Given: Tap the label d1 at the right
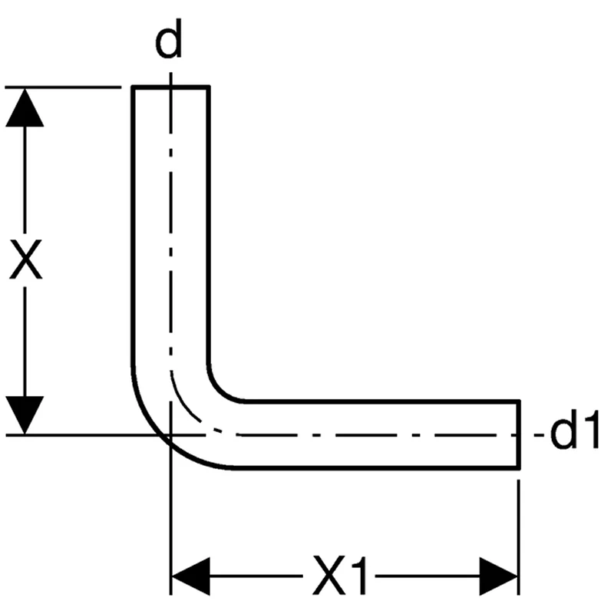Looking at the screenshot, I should [x=573, y=435].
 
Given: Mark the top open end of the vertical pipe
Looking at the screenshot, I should [x=170, y=88].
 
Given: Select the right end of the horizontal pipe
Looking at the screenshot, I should [x=520, y=434].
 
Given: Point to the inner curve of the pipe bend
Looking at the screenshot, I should [x=219, y=390].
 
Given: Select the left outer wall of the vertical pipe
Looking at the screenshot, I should [x=133, y=230].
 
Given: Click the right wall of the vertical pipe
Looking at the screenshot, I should [x=209, y=230].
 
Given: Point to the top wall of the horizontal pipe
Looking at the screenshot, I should [x=384, y=401].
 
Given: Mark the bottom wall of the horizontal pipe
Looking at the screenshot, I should [x=384, y=467].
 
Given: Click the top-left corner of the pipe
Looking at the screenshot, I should [x=134, y=89].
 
